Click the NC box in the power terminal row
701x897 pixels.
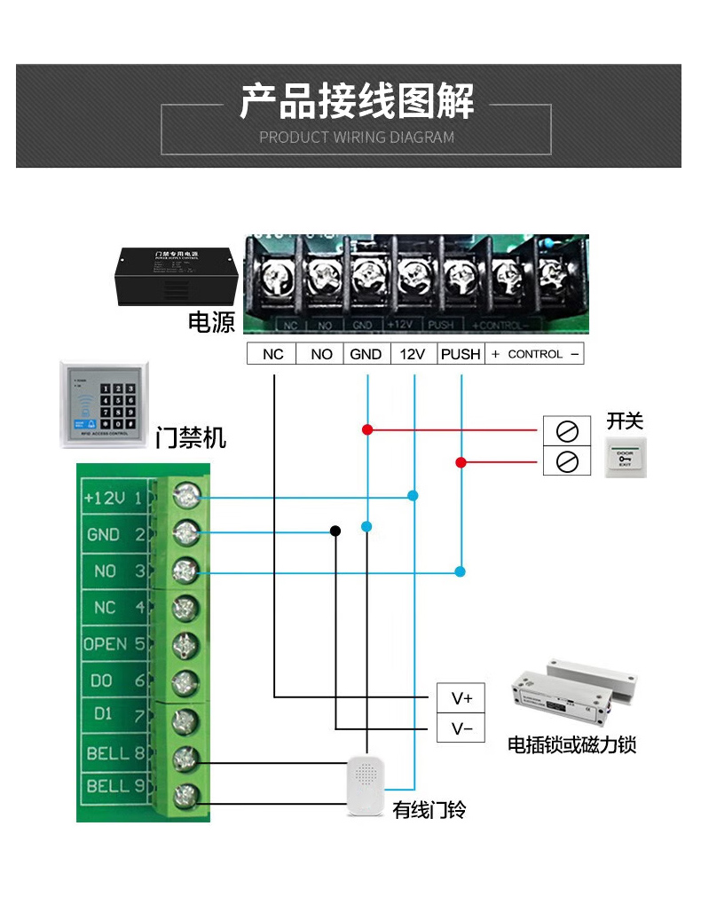pos(272,354)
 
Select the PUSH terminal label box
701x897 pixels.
pos(461,354)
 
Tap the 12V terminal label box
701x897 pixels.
pos(413,354)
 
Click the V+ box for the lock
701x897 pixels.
pos(462,697)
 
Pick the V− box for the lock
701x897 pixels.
pos(462,729)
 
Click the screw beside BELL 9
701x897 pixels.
pos(185,795)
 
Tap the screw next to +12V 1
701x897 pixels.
pos(185,496)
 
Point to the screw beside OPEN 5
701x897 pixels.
pos(185,645)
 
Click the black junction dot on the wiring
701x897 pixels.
pos(335,531)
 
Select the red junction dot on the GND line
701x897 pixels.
pos(366,429)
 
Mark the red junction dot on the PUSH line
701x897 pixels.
pos(461,462)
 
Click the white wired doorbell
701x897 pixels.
pos(366,786)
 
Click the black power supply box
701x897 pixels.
pos(174,275)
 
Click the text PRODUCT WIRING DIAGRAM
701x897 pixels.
pos(357,138)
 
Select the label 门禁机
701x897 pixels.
pos(191,437)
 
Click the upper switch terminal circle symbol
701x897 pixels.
pos(566,430)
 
